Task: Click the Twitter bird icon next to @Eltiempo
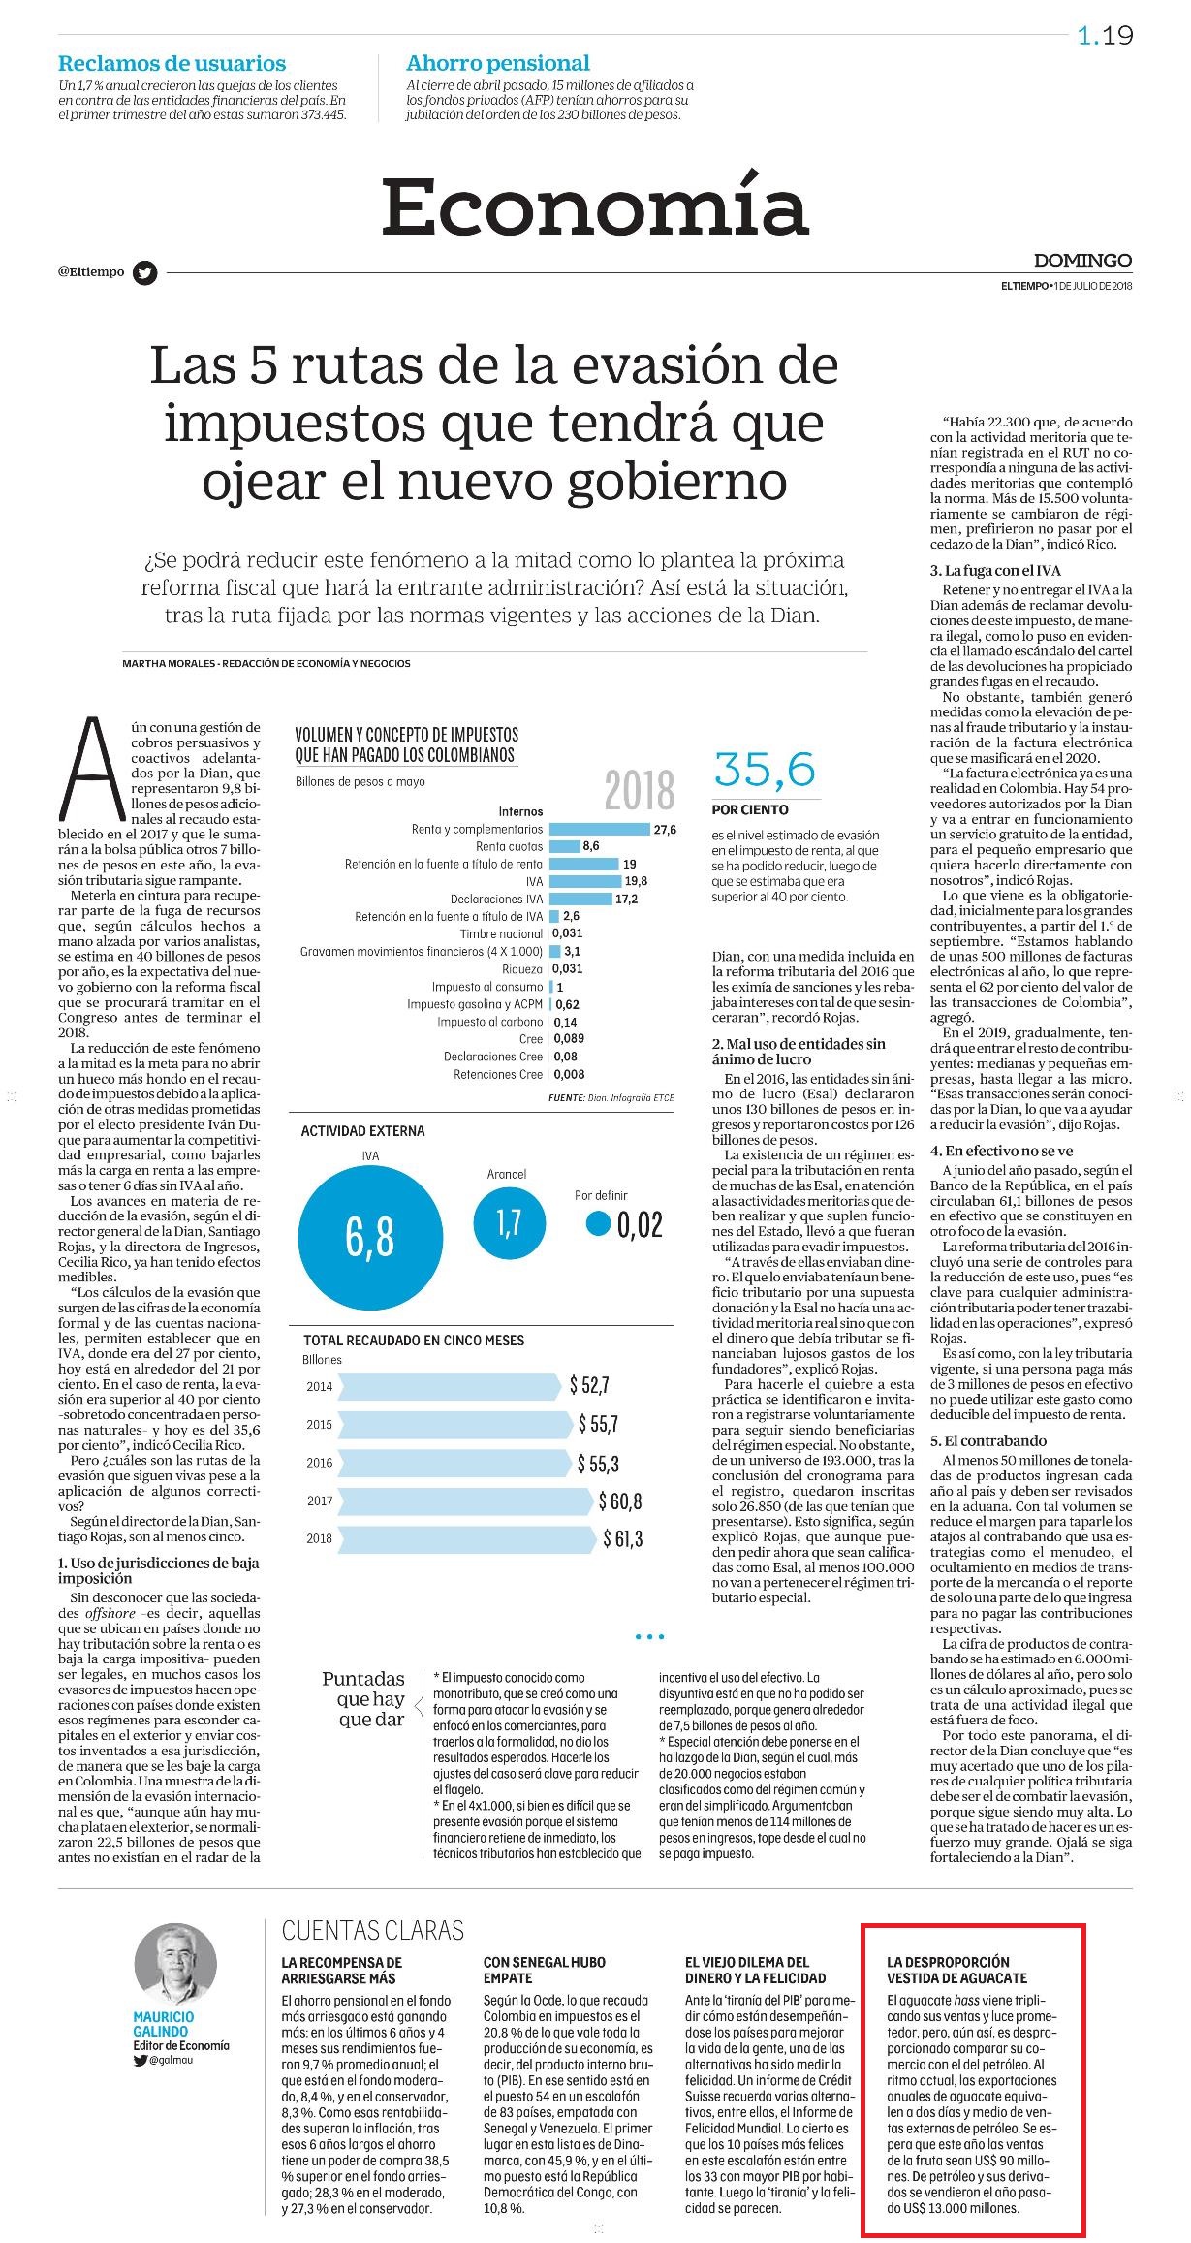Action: (144, 272)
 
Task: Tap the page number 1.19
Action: (1105, 36)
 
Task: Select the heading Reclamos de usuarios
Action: (172, 64)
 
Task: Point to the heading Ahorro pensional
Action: (498, 64)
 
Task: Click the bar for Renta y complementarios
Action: (599, 830)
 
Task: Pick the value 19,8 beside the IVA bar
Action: (636, 881)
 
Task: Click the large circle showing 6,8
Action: (369, 1236)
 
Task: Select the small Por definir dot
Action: (599, 1224)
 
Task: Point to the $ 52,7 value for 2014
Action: (589, 1385)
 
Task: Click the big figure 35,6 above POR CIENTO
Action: (765, 770)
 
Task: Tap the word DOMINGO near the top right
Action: (1082, 260)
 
